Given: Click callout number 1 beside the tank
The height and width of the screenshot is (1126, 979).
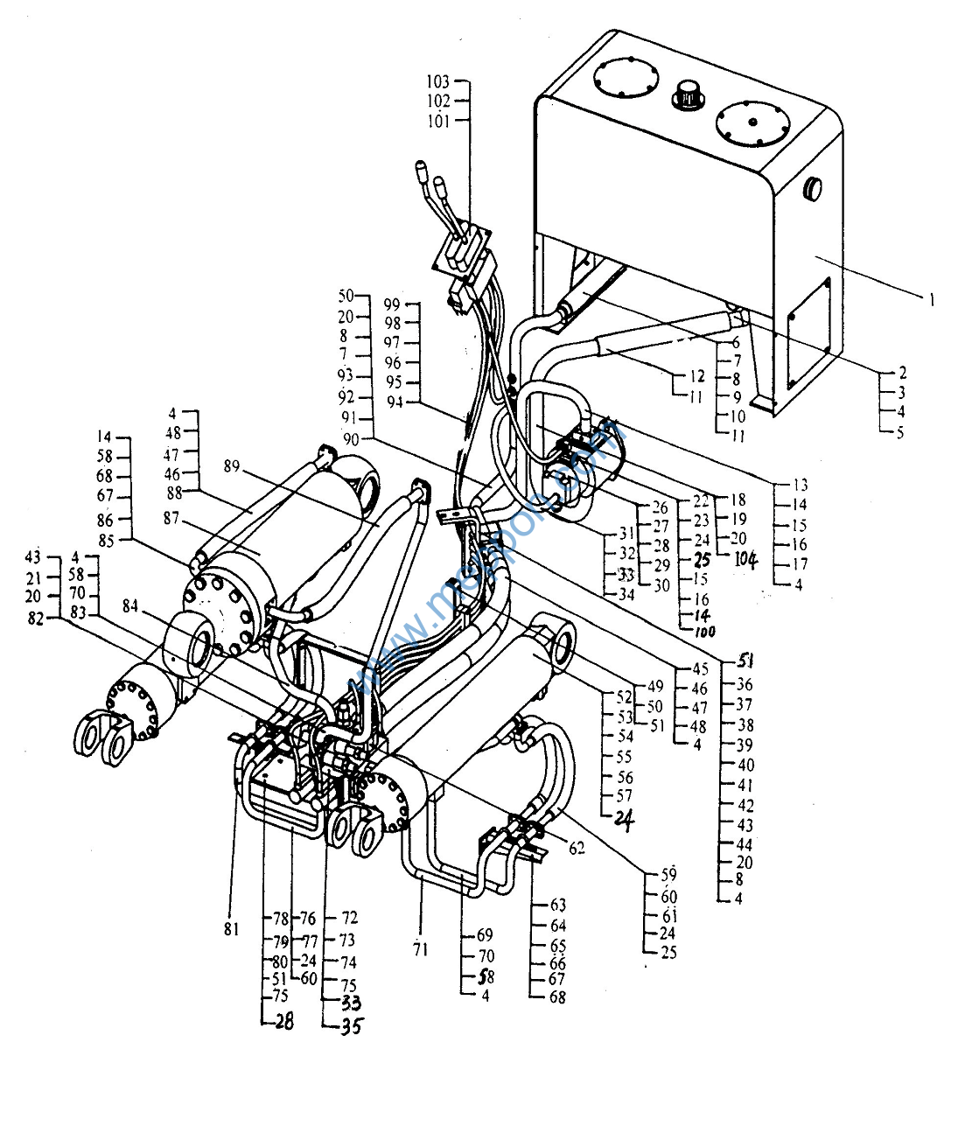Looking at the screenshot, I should (932, 300).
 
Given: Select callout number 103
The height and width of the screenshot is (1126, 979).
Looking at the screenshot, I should (438, 81).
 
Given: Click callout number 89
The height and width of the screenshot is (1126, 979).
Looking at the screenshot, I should (231, 466).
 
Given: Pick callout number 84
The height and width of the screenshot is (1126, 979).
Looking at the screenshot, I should (130, 605).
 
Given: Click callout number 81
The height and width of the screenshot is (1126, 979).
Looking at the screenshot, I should (230, 929).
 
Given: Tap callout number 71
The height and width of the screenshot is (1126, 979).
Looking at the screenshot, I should (421, 948).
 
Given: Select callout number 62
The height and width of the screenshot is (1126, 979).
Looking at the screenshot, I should (576, 848).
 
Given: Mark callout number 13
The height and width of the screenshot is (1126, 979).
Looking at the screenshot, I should (800, 485).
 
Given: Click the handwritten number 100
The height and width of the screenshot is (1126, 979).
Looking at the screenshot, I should (705, 632).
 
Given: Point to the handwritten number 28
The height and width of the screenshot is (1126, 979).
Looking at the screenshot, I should (282, 1021).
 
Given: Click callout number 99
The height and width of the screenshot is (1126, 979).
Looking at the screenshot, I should (391, 304).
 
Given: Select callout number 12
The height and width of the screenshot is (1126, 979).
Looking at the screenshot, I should (696, 376).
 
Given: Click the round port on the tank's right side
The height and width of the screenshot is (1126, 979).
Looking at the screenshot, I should (814, 187).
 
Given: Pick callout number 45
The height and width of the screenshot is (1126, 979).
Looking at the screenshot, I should (699, 669).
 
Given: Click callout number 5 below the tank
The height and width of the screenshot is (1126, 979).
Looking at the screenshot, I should (900, 432).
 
